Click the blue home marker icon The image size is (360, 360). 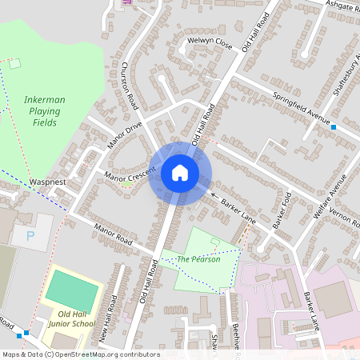click(180, 172)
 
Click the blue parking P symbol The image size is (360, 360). click(31, 236)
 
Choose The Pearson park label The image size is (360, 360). click(194, 259)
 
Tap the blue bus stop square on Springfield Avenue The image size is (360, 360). click(333, 127)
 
